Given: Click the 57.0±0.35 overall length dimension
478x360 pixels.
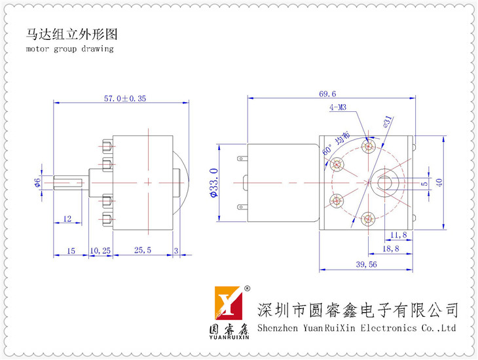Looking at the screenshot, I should click(125, 98).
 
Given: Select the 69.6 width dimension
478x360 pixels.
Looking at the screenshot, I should click(328, 94).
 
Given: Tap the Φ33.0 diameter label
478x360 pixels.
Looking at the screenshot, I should click(213, 182).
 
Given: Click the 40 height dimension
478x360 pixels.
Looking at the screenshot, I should click(439, 181).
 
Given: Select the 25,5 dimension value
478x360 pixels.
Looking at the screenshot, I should click(143, 249).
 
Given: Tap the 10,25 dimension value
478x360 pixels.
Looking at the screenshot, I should click(100, 249).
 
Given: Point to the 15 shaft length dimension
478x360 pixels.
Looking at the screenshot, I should click(71, 249).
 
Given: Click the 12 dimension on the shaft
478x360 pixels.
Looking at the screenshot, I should click(67, 218).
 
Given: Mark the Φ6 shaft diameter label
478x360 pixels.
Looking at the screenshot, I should click(37, 181).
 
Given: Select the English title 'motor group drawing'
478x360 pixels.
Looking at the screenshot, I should click(70, 48).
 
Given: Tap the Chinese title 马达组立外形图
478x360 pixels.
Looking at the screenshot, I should click(72, 33).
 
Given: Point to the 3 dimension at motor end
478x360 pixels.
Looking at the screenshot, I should click(177, 249).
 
